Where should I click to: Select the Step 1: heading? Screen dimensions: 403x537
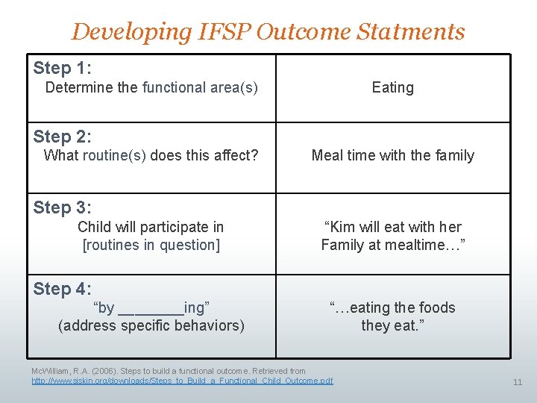point(63,68)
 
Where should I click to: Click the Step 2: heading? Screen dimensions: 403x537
point(63,137)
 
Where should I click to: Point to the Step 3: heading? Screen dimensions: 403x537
point(63,207)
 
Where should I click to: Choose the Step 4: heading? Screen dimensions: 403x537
point(63,288)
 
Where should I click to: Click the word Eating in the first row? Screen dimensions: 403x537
point(392,87)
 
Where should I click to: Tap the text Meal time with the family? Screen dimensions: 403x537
point(392,155)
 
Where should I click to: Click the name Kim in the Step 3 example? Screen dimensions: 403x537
point(343,227)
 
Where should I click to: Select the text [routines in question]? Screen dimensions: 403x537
point(151,245)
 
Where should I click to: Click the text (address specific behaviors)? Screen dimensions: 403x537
point(151,325)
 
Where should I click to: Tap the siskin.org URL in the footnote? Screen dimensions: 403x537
point(182,381)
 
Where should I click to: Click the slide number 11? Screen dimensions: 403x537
point(518,382)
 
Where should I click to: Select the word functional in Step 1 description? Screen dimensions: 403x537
point(174,87)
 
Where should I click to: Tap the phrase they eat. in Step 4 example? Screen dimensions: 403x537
point(392,325)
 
